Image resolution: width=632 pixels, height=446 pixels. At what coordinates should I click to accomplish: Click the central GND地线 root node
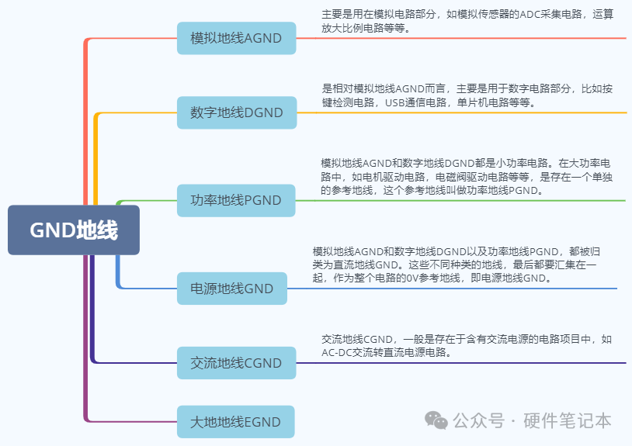(74, 230)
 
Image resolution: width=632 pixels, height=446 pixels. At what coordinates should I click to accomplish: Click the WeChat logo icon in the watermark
(436, 420)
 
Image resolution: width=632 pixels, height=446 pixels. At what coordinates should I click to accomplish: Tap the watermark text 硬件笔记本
(568, 420)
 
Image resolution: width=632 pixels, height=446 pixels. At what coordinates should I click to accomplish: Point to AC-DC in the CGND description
(338, 351)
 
